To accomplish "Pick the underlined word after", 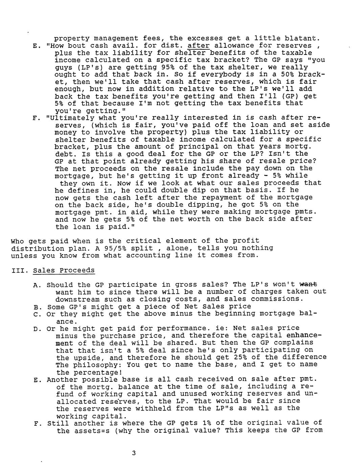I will click(x=198, y=46).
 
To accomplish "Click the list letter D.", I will click(x=36, y=329).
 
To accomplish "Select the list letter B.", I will click(x=36, y=307).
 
